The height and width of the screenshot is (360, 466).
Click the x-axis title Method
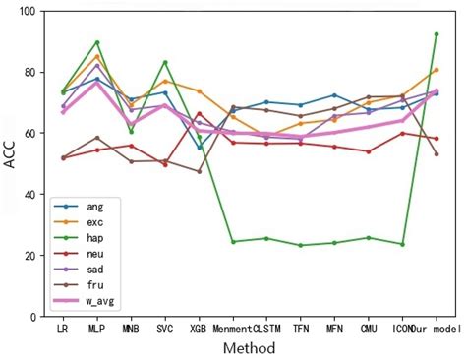249,348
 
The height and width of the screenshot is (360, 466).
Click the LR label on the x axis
63,330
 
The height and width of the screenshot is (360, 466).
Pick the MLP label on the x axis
96,330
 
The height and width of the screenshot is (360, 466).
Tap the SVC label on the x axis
164,330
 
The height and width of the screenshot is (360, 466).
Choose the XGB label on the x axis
199,330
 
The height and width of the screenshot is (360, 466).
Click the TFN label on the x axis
300,330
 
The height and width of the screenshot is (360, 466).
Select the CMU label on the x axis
368,330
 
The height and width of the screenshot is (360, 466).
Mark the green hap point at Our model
436,34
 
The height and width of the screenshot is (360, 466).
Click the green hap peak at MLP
96,42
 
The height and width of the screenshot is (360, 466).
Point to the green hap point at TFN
300,245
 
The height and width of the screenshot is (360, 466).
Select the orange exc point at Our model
436,70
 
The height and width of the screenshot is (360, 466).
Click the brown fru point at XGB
199,171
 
